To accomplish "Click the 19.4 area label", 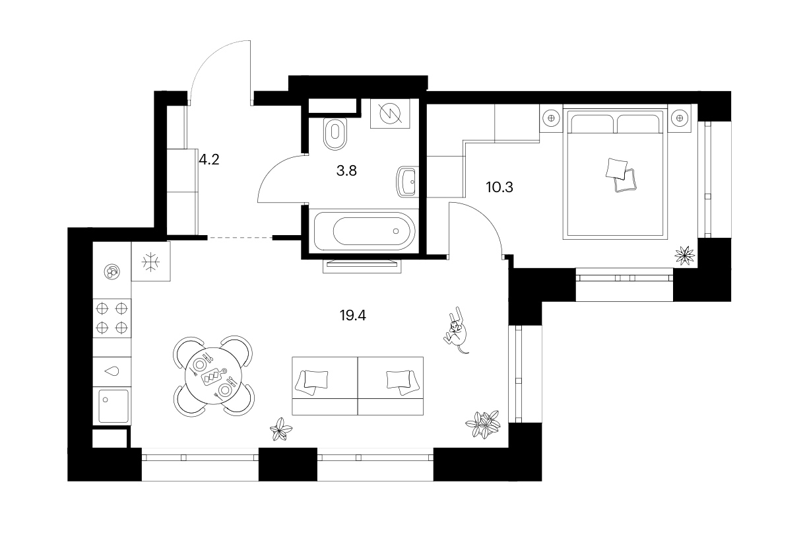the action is pyautogui.click(x=352, y=316).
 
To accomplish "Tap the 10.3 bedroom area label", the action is pyautogui.click(x=499, y=187).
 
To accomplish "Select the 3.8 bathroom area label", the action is pyautogui.click(x=346, y=170).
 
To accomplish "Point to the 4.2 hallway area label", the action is pyautogui.click(x=209, y=159).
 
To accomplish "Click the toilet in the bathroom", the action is pyautogui.click(x=335, y=134).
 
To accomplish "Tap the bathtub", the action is pyautogui.click(x=364, y=231).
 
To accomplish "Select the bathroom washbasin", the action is pyautogui.click(x=408, y=182).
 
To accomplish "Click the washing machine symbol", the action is pyautogui.click(x=390, y=114).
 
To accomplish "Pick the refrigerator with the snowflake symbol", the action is pyautogui.click(x=150, y=261).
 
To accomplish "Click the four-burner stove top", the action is pyautogui.click(x=112, y=318).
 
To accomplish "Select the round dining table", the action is pyautogui.click(x=214, y=376).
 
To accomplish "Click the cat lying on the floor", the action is pyautogui.click(x=456, y=331).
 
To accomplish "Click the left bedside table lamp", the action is pyautogui.click(x=551, y=118).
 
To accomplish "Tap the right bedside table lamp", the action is pyautogui.click(x=679, y=118).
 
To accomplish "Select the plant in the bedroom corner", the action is pyautogui.click(x=684, y=256).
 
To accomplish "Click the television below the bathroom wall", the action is pyautogui.click(x=362, y=266).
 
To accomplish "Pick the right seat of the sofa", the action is pyautogui.click(x=391, y=386).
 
